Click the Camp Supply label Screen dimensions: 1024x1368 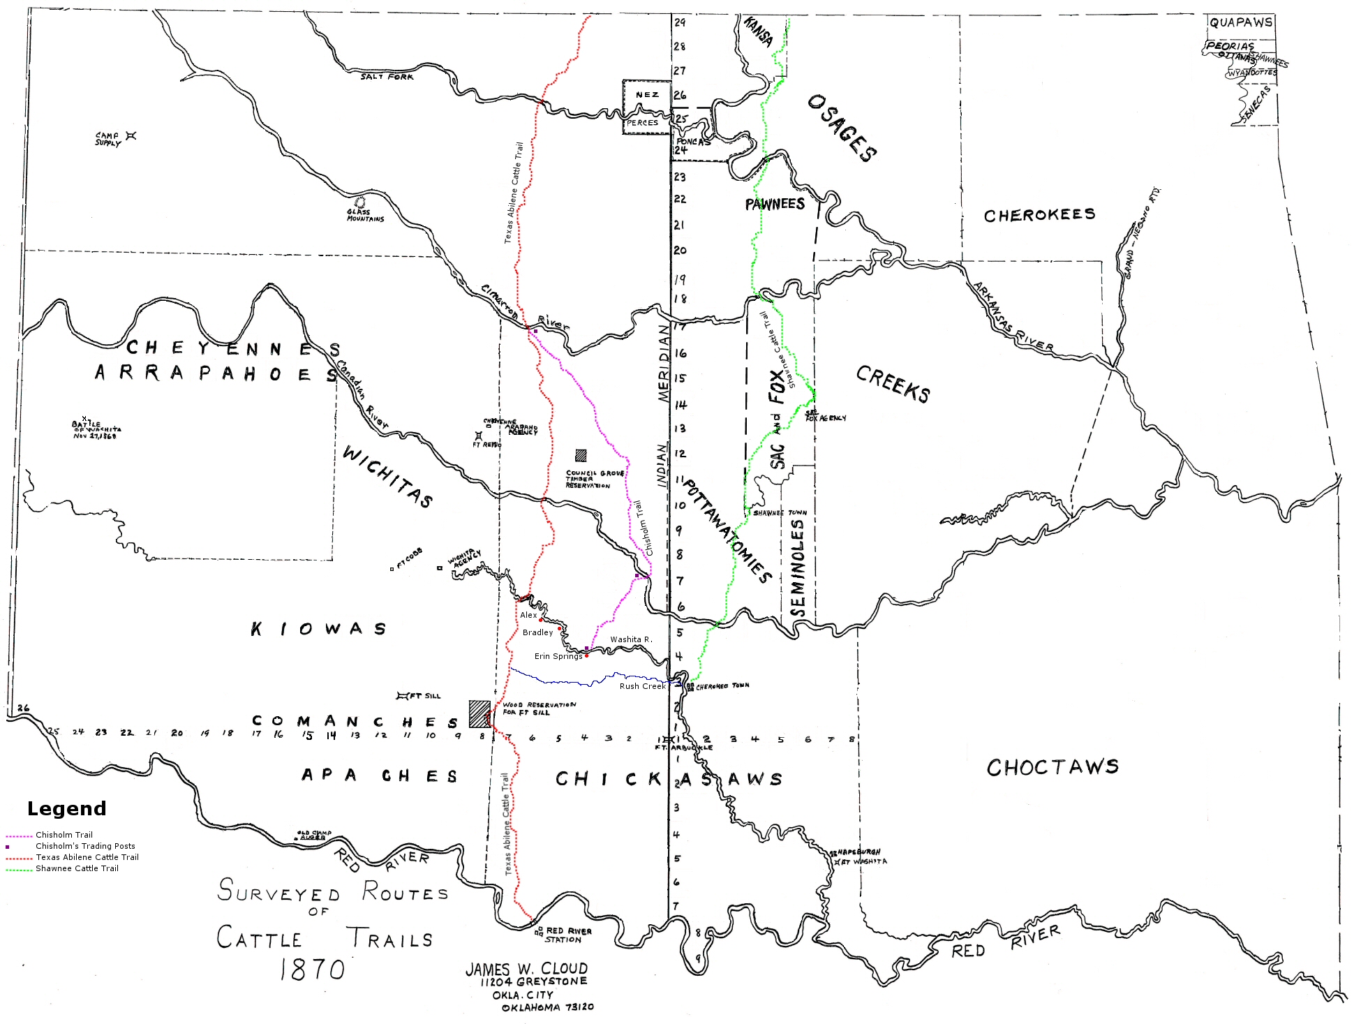click(108, 139)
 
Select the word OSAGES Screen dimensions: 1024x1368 click(842, 128)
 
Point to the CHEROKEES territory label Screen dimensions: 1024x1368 click(1039, 215)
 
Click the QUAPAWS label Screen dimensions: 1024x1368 click(1241, 22)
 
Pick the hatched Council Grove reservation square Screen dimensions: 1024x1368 click(581, 455)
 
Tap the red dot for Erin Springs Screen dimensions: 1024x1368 click(586, 655)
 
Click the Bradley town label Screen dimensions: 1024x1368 click(537, 632)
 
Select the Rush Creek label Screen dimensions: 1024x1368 click(642, 686)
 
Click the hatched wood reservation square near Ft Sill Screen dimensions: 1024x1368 click(479, 714)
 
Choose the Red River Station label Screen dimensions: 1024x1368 click(568, 935)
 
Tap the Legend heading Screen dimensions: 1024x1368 click(67, 808)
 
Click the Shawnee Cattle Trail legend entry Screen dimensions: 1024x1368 click(77, 868)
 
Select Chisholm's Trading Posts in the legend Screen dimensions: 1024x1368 click(85, 846)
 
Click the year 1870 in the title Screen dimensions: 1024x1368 click(312, 970)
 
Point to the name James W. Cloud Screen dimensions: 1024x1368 click(526, 969)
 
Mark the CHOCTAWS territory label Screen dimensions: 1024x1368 click(1052, 768)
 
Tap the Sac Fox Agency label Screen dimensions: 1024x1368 click(825, 416)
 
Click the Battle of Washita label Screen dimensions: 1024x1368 click(96, 429)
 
